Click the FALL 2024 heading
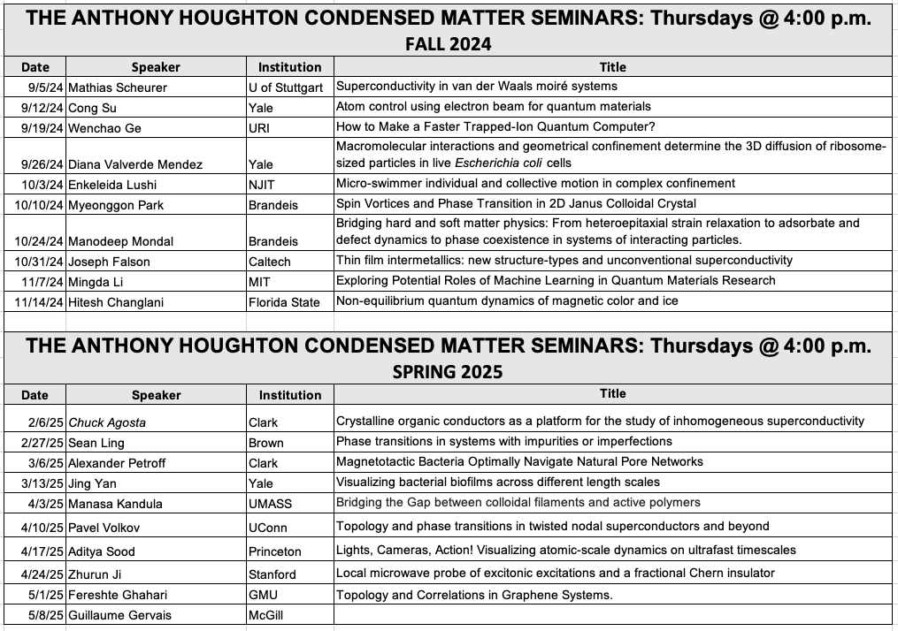click(448, 44)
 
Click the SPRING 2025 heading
click(448, 372)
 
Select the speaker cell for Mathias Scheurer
click(117, 87)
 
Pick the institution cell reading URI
click(261, 128)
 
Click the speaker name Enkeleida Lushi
click(110, 184)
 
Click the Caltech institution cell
click(270, 262)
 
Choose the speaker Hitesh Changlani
click(117, 302)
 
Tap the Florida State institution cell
click(284, 302)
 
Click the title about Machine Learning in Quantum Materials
click(556, 281)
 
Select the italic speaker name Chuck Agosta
click(107, 422)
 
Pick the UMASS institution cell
click(270, 504)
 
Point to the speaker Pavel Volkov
click(103, 528)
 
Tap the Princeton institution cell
click(274, 551)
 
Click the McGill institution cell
click(266, 615)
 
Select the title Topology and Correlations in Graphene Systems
click(474, 595)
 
